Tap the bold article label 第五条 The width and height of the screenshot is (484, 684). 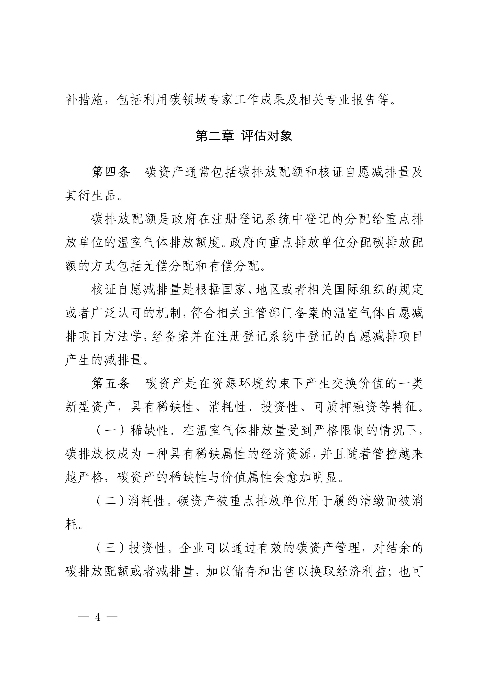111,383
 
